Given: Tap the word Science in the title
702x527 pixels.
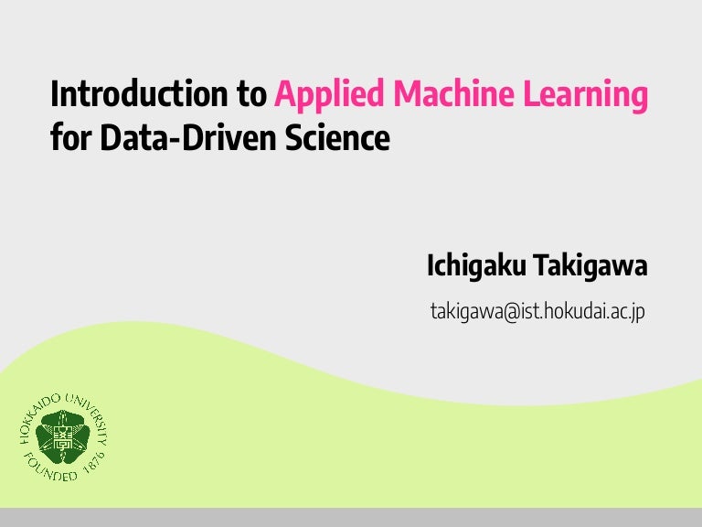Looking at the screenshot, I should [339, 139].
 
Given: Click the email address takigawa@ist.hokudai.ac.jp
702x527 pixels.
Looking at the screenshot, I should [537, 311].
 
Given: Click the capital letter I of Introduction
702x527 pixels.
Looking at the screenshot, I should [55, 95].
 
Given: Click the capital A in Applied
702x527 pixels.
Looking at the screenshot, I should [284, 95].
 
